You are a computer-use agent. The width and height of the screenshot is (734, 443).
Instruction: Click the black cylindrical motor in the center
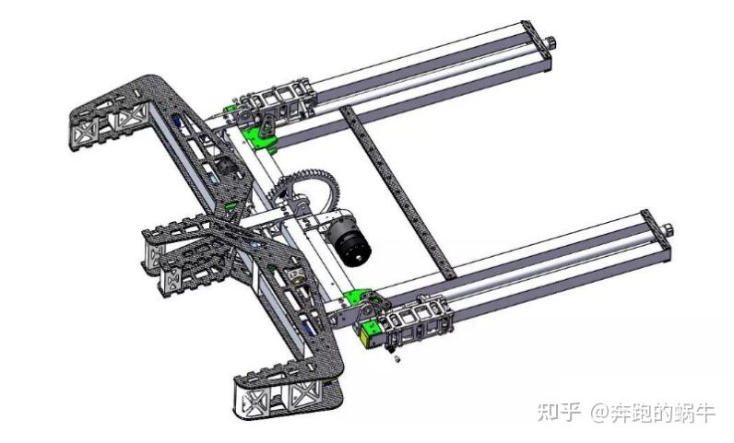[349, 241]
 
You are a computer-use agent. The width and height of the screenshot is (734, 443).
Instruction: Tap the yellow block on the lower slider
[369, 334]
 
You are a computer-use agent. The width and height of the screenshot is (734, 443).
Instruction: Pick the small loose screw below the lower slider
[397, 359]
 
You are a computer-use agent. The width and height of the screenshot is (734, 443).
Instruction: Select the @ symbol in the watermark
[599, 412]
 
